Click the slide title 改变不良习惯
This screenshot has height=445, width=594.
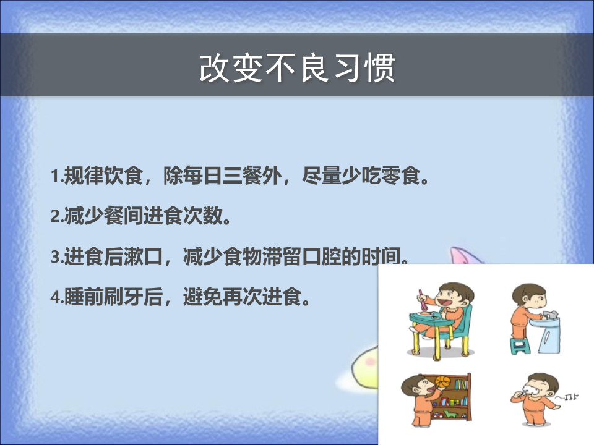(x=298, y=68)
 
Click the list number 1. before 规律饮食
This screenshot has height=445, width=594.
(x=57, y=176)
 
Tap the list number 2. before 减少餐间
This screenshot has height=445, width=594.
(x=57, y=217)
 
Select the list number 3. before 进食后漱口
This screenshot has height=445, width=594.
(x=57, y=257)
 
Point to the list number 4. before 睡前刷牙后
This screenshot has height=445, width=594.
(x=57, y=298)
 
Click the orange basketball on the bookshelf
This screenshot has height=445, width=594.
(x=442, y=381)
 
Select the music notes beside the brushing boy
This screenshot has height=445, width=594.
(x=567, y=397)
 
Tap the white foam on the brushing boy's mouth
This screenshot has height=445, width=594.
(x=532, y=391)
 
